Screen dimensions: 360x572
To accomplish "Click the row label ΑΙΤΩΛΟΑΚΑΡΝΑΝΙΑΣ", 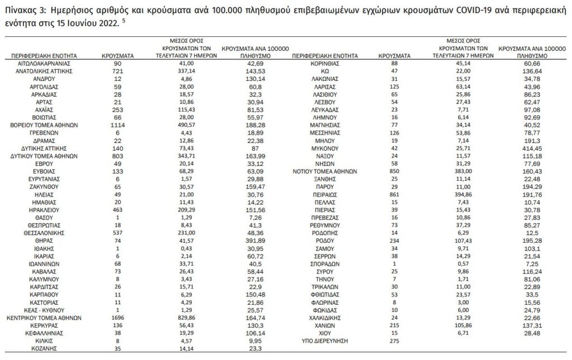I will [x=40, y=64].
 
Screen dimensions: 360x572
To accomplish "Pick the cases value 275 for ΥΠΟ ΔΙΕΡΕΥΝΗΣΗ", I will [x=394, y=340].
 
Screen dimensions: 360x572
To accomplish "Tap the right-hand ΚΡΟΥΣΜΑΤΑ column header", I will [x=394, y=56].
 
